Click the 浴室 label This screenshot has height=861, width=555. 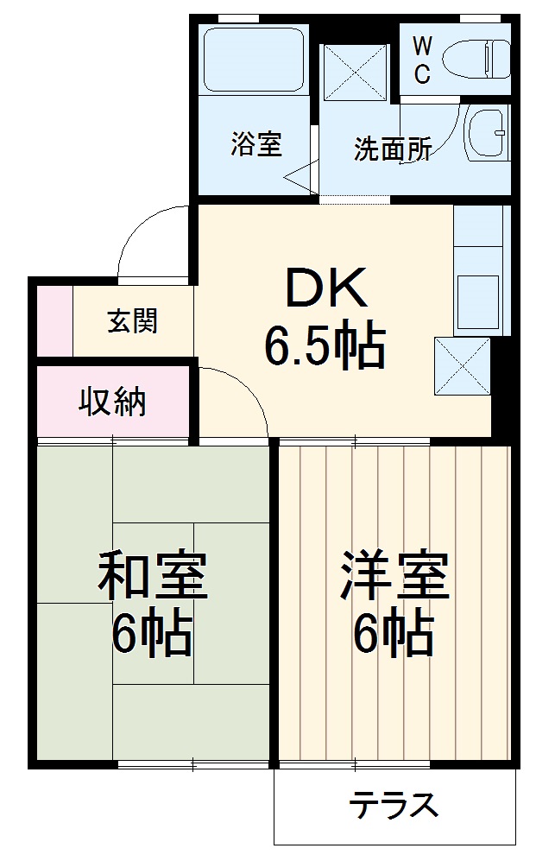255,143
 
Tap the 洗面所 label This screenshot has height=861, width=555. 392,149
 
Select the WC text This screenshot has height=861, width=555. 421,59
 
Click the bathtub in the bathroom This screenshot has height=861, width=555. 254,58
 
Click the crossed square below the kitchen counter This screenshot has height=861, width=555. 462,365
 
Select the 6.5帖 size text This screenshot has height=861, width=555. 324,345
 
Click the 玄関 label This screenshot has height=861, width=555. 133,321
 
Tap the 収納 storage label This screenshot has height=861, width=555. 112,402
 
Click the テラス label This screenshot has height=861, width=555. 393,806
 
